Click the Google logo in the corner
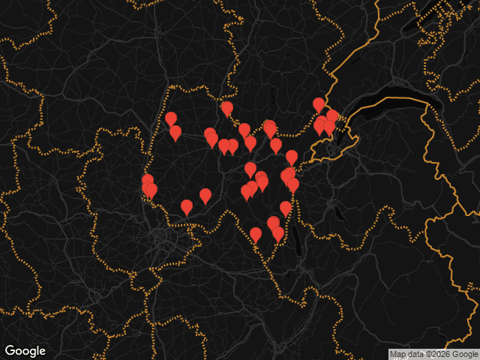25,350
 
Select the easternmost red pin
332,117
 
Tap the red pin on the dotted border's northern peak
226,109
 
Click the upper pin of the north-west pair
171,118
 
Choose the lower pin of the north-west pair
175,132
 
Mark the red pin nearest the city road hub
187,206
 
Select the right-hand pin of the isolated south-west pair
205,195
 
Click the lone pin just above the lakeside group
319,104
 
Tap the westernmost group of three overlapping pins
148,185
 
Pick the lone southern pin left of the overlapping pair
256,235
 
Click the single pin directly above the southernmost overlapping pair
286,208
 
